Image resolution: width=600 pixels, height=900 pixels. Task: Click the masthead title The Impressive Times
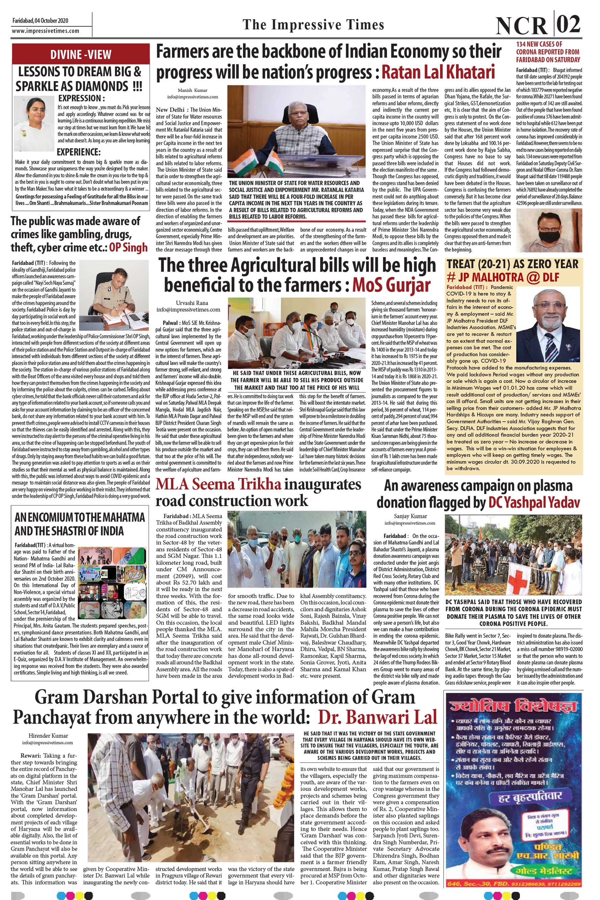(313, 25)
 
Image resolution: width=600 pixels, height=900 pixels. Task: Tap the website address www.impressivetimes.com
(46, 31)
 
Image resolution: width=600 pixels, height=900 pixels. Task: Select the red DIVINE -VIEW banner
(81, 54)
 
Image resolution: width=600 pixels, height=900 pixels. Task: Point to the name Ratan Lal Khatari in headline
(438, 72)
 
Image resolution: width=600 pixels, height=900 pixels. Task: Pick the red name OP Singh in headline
(128, 247)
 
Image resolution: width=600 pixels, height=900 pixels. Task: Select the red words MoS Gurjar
(391, 285)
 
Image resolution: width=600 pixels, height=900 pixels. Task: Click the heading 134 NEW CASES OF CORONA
(548, 52)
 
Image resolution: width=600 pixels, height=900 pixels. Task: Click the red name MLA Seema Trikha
(218, 484)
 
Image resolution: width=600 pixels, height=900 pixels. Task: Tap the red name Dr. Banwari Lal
(377, 717)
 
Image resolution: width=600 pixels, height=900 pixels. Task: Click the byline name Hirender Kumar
(48, 735)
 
